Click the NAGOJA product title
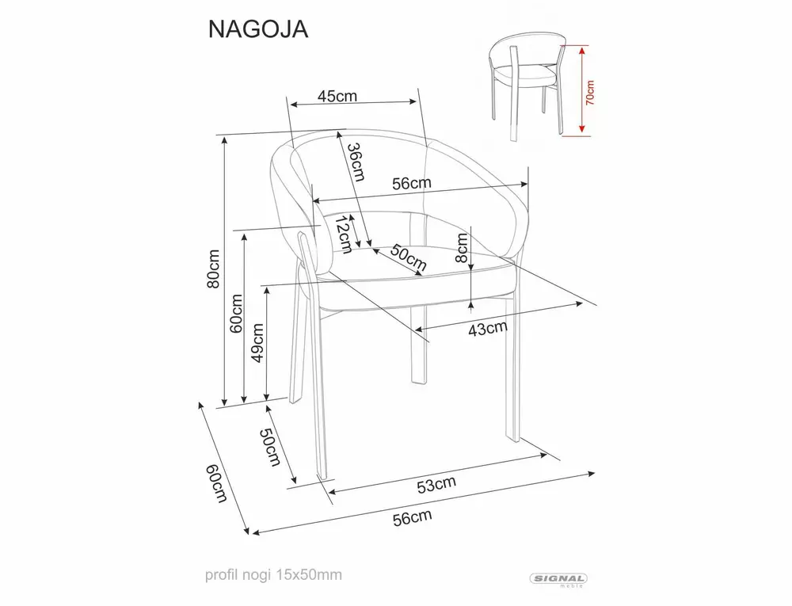(257, 29)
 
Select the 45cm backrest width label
(337, 96)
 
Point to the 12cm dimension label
(342, 235)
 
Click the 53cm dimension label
(436, 482)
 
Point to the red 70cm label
(590, 91)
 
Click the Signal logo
(563, 580)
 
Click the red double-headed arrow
(582, 90)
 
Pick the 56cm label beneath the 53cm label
(412, 518)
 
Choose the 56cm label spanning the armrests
(412, 182)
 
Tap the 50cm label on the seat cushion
(404, 257)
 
